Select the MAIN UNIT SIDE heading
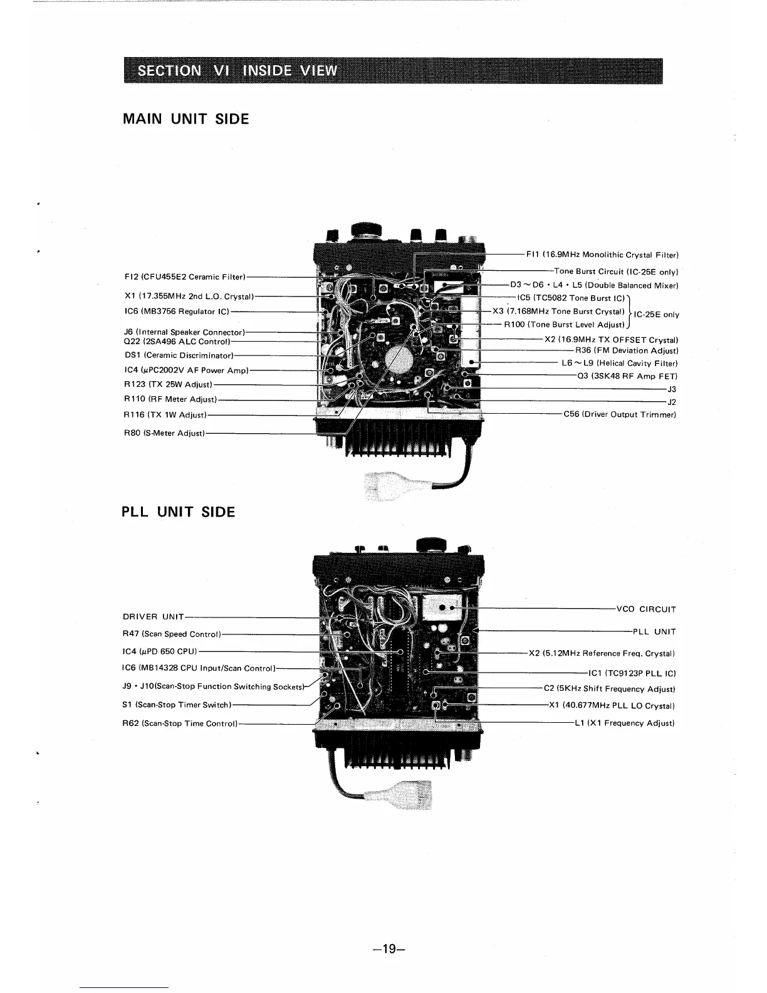[186, 119]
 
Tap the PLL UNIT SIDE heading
[179, 512]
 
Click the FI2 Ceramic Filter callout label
[184, 276]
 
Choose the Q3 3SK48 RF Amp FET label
[627, 376]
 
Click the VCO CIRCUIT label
[646, 609]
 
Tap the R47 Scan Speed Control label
[172, 634]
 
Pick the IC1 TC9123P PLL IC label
[632, 674]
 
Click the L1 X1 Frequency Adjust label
[624, 723]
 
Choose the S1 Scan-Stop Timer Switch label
[177, 705]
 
